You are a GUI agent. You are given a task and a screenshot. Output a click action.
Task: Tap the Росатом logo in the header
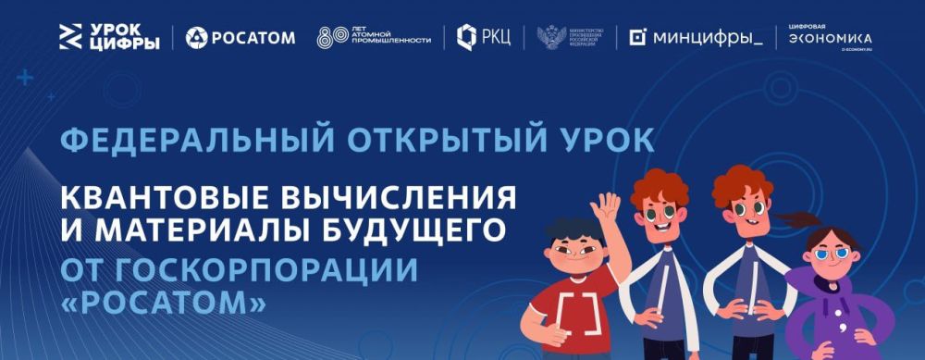240,38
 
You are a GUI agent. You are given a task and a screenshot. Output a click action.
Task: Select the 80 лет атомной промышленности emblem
374,38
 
